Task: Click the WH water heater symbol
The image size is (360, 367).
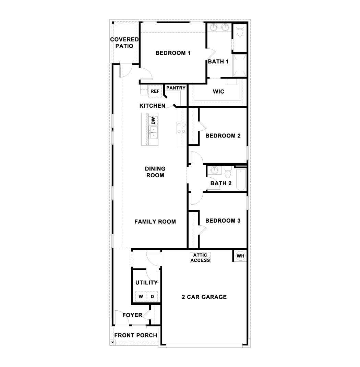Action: coord(241,256)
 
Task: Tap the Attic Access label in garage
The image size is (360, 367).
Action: coord(200,258)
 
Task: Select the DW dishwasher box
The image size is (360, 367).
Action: coord(153,121)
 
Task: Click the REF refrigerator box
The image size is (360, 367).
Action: coord(155,91)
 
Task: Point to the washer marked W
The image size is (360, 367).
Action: coord(141,296)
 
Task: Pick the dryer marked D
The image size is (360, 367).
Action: coord(153,296)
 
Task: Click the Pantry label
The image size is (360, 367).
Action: coord(176,88)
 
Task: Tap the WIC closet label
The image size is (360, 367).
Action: coord(218,92)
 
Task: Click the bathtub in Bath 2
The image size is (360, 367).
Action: coord(241,179)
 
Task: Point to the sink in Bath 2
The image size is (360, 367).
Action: coord(215,169)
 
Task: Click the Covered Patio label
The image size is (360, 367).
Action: coord(124,43)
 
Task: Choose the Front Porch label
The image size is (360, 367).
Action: coord(135,335)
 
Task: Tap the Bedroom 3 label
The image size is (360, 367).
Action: coord(223,221)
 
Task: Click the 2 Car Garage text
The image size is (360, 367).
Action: coord(204,297)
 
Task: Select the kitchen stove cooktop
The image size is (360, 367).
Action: coord(181,128)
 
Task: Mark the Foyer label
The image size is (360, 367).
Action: coord(132,315)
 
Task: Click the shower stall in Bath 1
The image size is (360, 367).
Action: coord(240,65)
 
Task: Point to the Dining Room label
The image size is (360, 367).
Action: coord(155,172)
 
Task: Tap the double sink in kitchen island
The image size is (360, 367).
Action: coord(154,132)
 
